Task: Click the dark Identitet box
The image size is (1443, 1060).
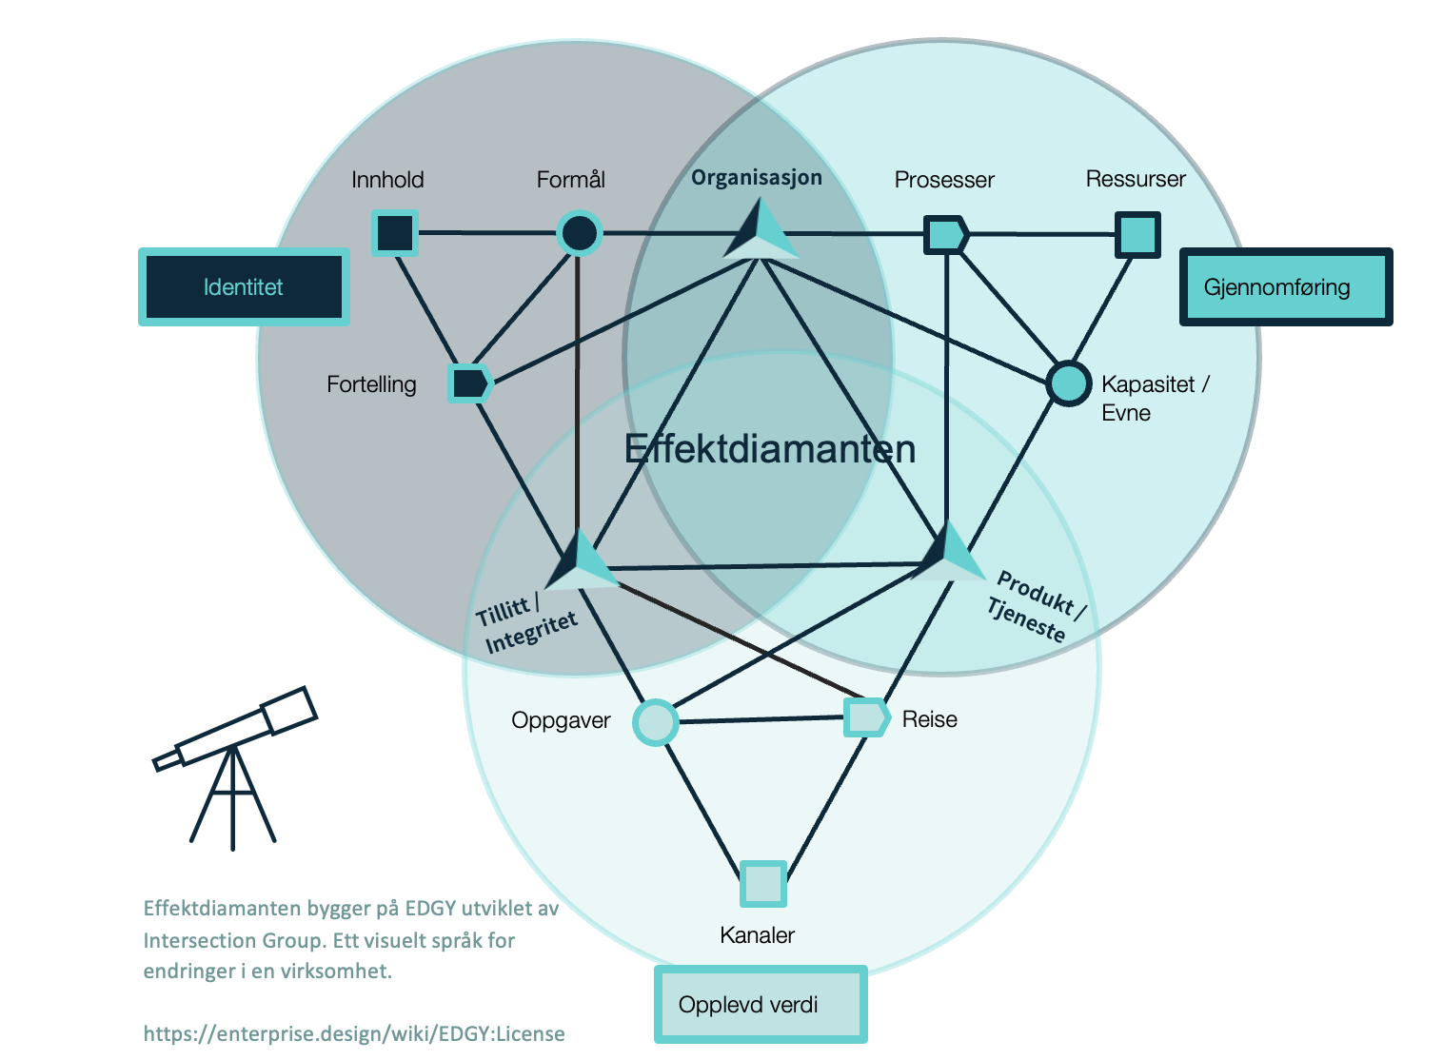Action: click(244, 287)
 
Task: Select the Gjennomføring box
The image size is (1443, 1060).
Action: click(1286, 287)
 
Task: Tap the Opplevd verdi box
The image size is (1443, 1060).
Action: click(761, 1005)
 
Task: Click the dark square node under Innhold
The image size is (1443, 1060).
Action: click(395, 232)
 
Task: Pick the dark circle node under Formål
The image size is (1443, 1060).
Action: click(579, 233)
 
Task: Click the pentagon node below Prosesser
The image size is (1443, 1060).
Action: click(946, 234)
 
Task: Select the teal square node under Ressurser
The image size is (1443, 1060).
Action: click(1137, 234)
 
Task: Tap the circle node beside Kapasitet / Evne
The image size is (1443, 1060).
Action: click(1068, 383)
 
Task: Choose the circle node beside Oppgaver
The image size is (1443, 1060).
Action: click(656, 722)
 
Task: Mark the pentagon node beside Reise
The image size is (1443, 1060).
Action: click(866, 717)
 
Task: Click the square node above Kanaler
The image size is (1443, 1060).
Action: click(763, 884)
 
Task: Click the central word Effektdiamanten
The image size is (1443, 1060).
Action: click(769, 449)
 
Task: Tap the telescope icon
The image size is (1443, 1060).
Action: click(234, 761)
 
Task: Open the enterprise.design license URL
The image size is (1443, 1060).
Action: click(354, 1033)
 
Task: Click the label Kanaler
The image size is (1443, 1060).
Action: click(757, 935)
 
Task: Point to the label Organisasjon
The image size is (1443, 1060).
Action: click(757, 178)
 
